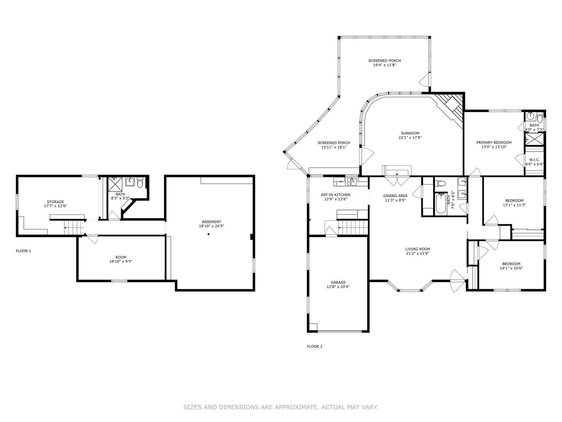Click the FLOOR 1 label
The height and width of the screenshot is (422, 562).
click(23, 251)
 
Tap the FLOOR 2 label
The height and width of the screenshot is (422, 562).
click(315, 347)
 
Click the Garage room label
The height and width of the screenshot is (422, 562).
click(338, 283)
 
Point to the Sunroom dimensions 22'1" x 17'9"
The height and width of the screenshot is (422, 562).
click(410, 138)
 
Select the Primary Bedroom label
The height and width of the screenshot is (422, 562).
click(494, 143)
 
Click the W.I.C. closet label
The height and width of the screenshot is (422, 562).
click(534, 160)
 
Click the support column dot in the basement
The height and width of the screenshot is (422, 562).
click(208, 234)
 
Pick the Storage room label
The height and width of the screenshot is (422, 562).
click(55, 202)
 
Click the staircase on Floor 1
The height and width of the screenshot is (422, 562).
click(74, 227)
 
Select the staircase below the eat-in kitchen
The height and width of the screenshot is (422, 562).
click(353, 227)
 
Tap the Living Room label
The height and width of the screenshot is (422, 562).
click(417, 249)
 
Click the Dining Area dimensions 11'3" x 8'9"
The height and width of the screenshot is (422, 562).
click(395, 200)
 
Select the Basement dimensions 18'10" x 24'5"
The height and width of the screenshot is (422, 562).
click(212, 226)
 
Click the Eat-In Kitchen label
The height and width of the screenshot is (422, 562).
click(336, 195)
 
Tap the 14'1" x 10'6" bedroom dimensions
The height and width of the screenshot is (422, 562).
click(511, 268)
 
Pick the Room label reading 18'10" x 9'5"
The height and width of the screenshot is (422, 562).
click(121, 262)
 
